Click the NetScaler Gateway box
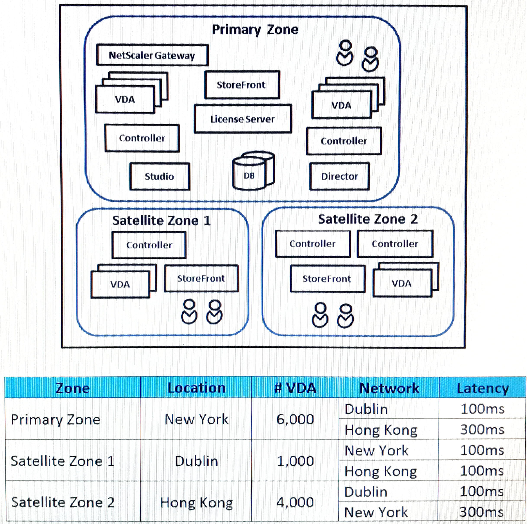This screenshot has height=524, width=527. coord(152,55)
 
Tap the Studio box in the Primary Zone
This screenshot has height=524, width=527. coord(160,176)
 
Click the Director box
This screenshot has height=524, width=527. coord(340,176)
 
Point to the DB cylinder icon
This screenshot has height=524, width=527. coord(253,171)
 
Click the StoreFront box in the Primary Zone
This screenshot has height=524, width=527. coord(242,85)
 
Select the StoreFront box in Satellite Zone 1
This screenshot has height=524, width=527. coord(201,278)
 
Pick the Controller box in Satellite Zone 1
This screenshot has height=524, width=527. coord(149,245)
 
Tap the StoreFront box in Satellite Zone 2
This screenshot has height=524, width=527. coord(327,279)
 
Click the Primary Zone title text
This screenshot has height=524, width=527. coord(255,29)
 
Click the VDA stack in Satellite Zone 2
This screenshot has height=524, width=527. coord(406,280)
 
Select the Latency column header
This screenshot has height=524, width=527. coord(482,388)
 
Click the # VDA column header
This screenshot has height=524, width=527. coord(295,388)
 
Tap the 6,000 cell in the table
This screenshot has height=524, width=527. coord(295,419)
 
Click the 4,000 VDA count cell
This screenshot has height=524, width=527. coord(295,502)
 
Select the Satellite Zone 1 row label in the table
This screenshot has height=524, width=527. coord(63,461)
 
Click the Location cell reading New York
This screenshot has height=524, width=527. coord(197,419)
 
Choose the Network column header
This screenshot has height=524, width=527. coord(389,388)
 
